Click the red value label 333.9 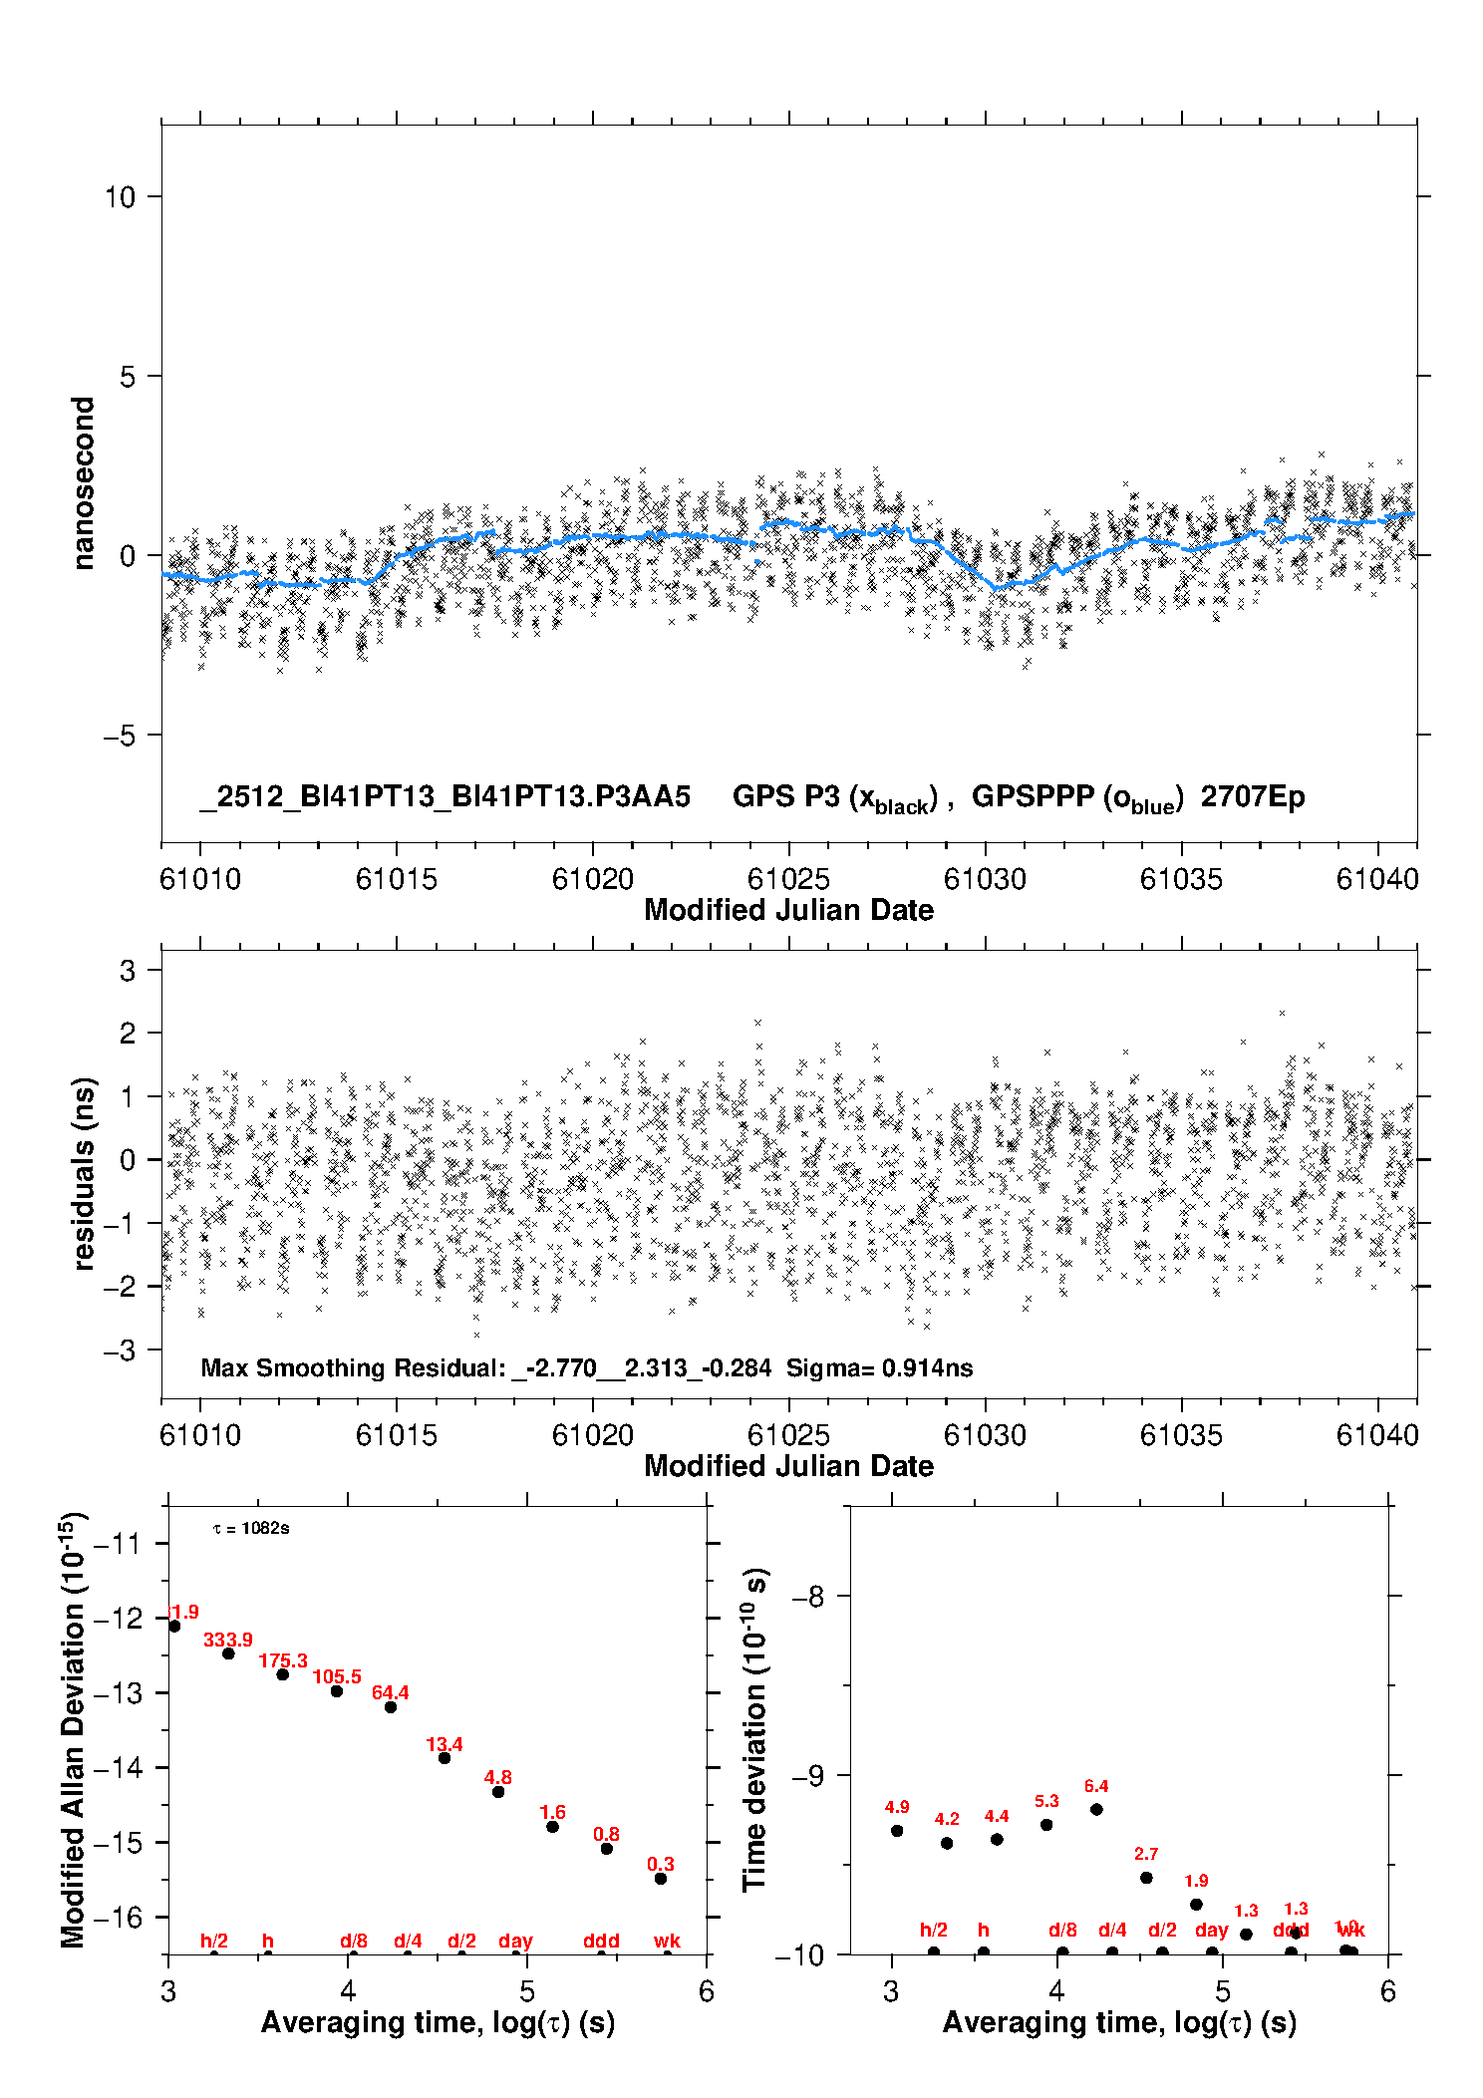[228, 1640]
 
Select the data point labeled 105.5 [337, 1691]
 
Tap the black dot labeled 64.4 [391, 1707]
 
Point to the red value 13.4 [445, 1744]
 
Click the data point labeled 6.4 [1096, 1809]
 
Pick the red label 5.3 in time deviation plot [1046, 1801]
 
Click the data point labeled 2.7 [1146, 1878]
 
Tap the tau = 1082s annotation [251, 1529]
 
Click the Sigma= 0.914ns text [879, 1368]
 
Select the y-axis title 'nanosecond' [83, 483]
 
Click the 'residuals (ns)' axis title [83, 1174]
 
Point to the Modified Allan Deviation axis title [73, 1729]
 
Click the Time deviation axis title [754, 1729]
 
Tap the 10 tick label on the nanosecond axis [120, 197]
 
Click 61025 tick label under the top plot [788, 879]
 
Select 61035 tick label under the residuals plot [1181, 1435]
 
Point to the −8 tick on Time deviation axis [806, 1597]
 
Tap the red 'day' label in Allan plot [515, 1941]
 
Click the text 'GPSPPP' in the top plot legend [1033, 796]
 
